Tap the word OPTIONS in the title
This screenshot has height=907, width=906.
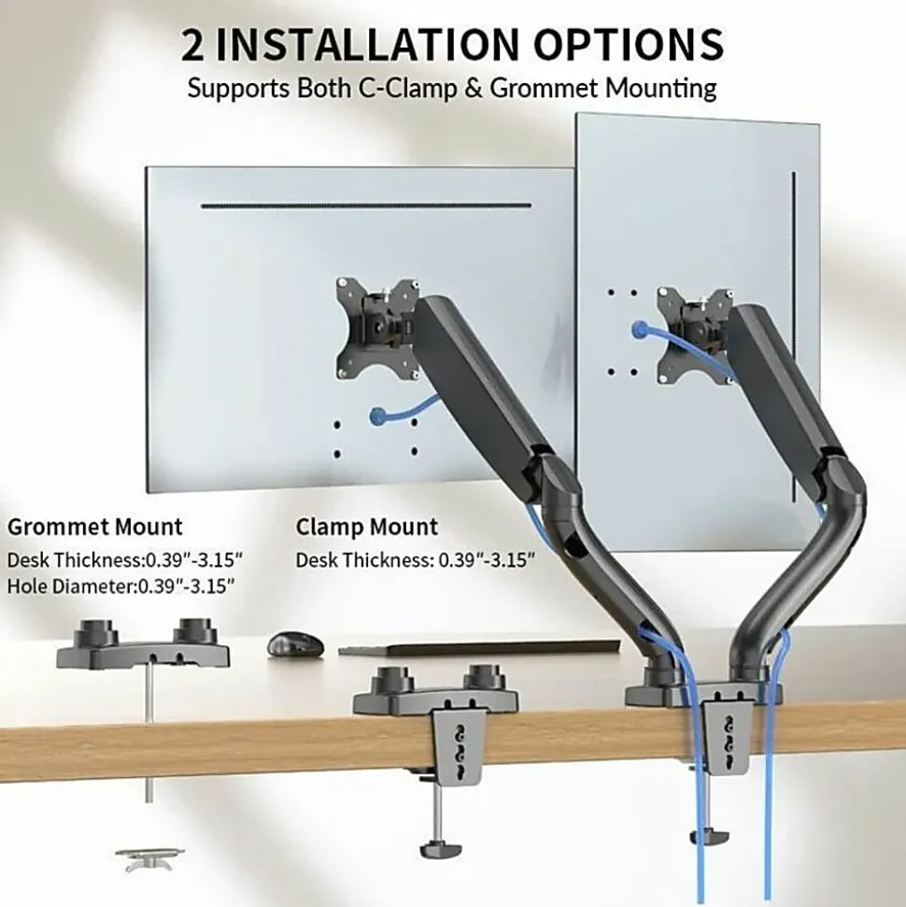[629, 45]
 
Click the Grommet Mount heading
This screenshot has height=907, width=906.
[95, 527]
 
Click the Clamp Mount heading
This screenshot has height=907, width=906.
[367, 528]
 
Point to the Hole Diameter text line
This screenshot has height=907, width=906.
[120, 586]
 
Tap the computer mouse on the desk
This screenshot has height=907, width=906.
[296, 644]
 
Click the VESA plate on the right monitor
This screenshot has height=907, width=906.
[694, 335]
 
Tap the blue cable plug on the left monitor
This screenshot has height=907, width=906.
[377, 415]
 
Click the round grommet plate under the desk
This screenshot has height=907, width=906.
[149, 857]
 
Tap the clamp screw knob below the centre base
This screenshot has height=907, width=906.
[440, 849]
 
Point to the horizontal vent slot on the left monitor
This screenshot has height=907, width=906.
[365, 205]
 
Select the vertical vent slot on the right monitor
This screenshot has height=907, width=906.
[794, 335]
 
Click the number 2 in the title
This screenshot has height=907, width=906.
[192, 46]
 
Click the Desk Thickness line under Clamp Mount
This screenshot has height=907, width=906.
[416, 560]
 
